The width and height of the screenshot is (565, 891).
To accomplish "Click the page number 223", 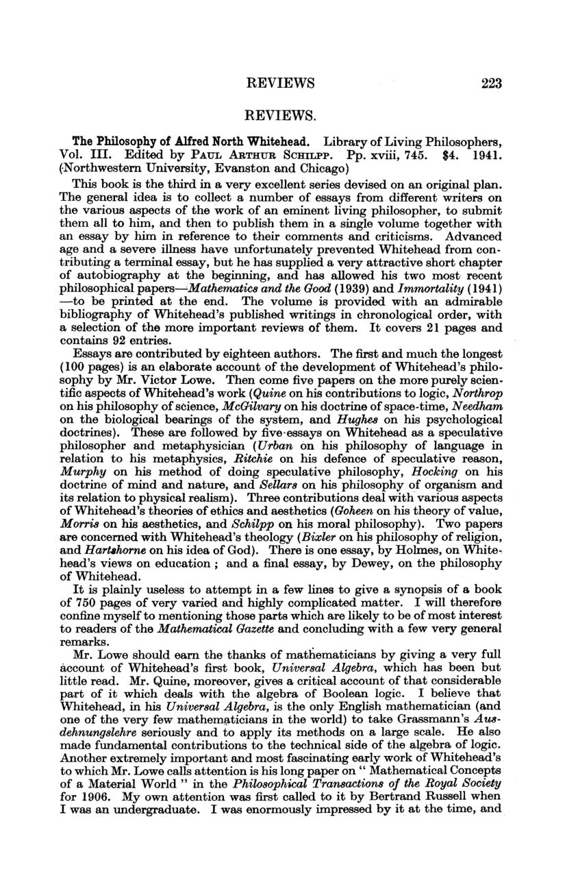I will (x=492, y=84).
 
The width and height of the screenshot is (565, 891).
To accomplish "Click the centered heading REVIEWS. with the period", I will (x=281, y=118).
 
